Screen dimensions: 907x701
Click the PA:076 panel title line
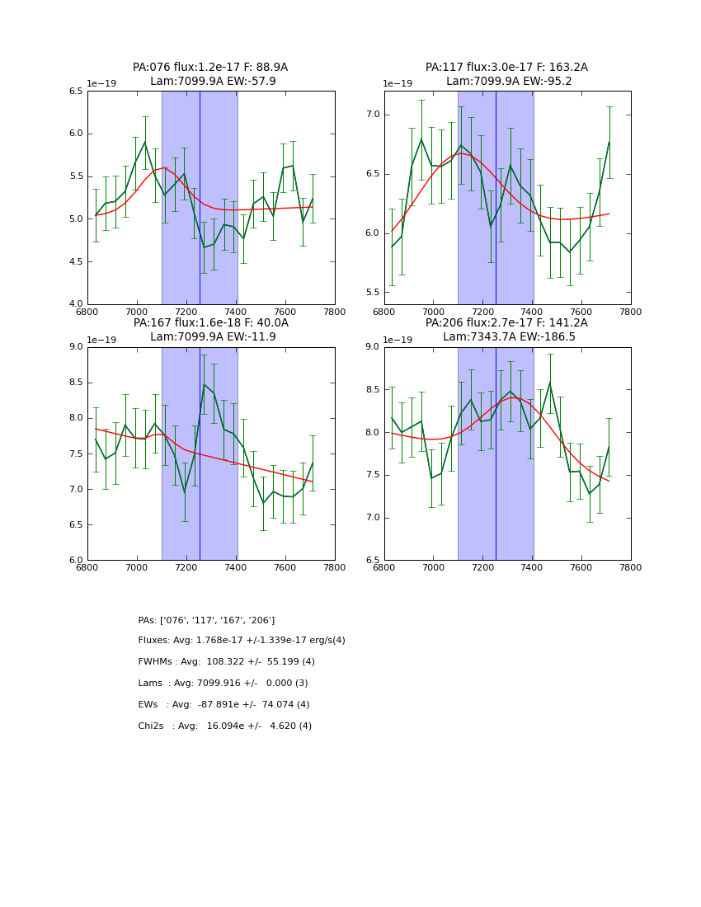210,68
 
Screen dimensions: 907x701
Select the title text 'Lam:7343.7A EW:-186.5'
507,337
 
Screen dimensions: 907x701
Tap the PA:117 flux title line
506,68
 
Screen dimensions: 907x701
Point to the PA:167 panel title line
210,323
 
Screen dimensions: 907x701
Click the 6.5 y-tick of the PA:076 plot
75,92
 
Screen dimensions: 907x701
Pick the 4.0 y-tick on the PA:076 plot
75,304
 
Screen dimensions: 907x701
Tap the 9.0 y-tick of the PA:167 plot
75,347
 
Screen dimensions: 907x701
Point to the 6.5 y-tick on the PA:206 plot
371,561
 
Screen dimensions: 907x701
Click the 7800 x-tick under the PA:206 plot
631,568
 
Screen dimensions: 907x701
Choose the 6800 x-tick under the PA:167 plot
87,568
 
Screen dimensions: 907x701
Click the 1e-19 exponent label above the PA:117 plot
398,84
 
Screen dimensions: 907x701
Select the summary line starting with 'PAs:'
206,620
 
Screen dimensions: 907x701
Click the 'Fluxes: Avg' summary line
242,641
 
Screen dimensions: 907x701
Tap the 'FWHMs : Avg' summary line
226,662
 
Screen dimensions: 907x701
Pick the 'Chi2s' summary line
224,726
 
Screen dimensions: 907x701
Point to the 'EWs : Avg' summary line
223,705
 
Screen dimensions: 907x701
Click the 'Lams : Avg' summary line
223,684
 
